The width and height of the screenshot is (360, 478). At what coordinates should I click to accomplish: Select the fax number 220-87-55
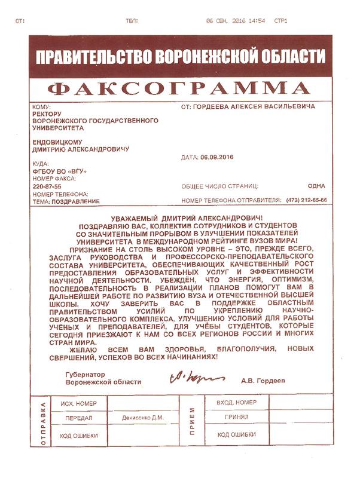point(47,186)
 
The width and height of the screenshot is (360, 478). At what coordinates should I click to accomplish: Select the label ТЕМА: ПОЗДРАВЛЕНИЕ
point(66,201)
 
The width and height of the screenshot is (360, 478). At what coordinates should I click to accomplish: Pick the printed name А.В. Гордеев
point(264,380)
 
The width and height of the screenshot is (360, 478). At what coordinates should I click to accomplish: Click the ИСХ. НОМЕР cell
point(75,404)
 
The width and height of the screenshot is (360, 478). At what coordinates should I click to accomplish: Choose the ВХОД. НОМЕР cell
point(237,402)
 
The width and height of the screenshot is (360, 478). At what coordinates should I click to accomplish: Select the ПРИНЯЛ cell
point(236,418)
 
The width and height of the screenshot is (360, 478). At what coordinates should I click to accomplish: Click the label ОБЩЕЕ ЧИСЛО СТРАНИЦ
point(219,186)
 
